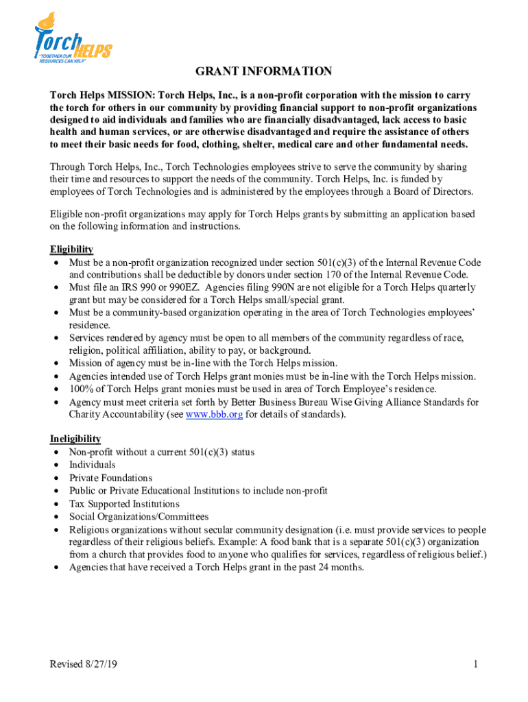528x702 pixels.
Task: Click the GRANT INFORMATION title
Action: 264,71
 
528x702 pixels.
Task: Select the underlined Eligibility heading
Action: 71,250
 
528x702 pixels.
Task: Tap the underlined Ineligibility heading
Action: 75,439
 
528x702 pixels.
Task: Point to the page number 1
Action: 475,664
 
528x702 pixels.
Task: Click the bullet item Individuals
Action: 92,465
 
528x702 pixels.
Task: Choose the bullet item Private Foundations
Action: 110,478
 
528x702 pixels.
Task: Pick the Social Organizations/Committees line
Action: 139,517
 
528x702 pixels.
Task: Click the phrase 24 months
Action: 341,568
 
